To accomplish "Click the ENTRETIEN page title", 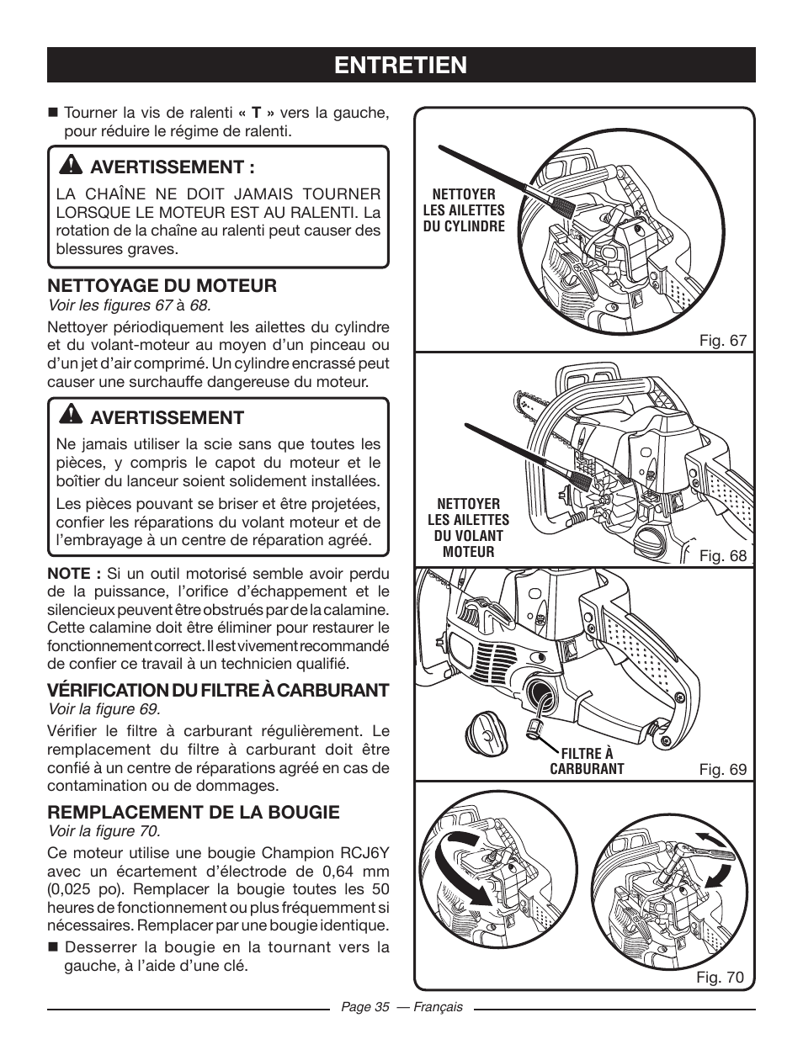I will tap(401, 65).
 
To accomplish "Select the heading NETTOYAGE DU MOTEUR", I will tap(162, 286).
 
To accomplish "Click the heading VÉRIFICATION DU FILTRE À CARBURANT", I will tap(218, 691).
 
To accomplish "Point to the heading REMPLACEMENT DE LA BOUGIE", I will tap(194, 812).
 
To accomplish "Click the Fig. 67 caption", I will tap(724, 341).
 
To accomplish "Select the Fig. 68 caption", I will tap(724, 556).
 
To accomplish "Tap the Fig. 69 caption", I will tap(724, 770).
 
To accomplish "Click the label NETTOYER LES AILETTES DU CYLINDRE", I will tap(464, 210).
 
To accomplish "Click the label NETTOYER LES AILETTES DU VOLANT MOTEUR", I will tap(468, 527).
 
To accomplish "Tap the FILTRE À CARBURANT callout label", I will tap(587, 761).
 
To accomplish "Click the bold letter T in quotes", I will tap(256, 113).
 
